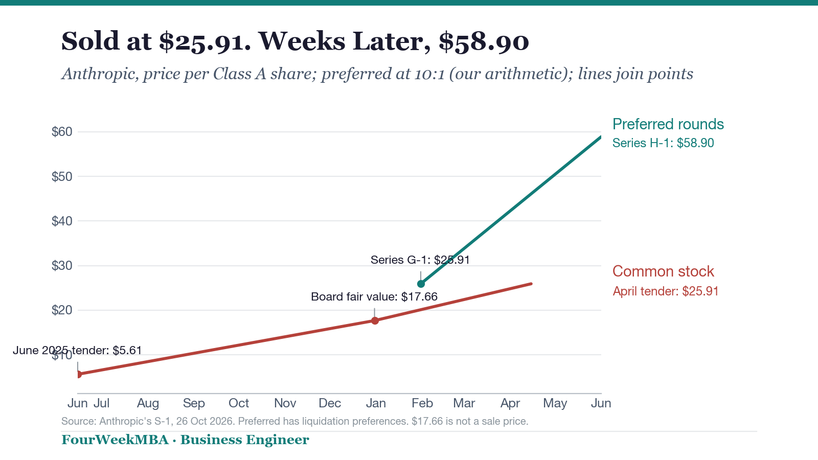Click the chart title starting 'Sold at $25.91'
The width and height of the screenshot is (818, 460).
pyautogui.click(x=295, y=41)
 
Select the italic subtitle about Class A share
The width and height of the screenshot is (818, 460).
pyautogui.click(x=377, y=74)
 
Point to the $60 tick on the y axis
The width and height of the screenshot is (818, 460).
pyautogui.click(x=62, y=132)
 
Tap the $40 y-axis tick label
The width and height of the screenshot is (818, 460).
pyautogui.click(x=62, y=221)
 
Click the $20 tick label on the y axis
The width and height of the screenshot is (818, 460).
pyautogui.click(x=62, y=310)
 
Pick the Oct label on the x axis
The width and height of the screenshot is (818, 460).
pyautogui.click(x=238, y=403)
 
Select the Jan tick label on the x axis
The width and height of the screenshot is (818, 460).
pyautogui.click(x=376, y=403)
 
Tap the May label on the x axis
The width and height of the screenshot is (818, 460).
pyautogui.click(x=555, y=403)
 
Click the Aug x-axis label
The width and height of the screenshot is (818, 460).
pyautogui.click(x=148, y=403)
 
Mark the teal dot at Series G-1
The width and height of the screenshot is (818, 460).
pyautogui.click(x=421, y=284)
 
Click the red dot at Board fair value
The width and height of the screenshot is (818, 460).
pyautogui.click(x=375, y=320)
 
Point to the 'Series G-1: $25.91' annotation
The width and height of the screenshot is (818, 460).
pyautogui.click(x=420, y=260)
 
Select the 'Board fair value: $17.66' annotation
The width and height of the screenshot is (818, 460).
pyautogui.click(x=374, y=296)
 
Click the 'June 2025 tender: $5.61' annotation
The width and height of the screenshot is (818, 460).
pyautogui.click(x=77, y=351)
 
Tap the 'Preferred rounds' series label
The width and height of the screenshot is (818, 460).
pyautogui.click(x=668, y=124)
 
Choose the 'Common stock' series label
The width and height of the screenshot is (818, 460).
pyautogui.click(x=663, y=271)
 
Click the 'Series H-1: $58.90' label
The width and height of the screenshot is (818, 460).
pyautogui.click(x=663, y=143)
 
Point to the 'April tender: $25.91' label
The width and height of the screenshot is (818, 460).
pyautogui.click(x=665, y=291)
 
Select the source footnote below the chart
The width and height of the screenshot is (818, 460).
pyautogui.click(x=294, y=421)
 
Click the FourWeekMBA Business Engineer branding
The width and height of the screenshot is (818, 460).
pyautogui.click(x=185, y=440)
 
